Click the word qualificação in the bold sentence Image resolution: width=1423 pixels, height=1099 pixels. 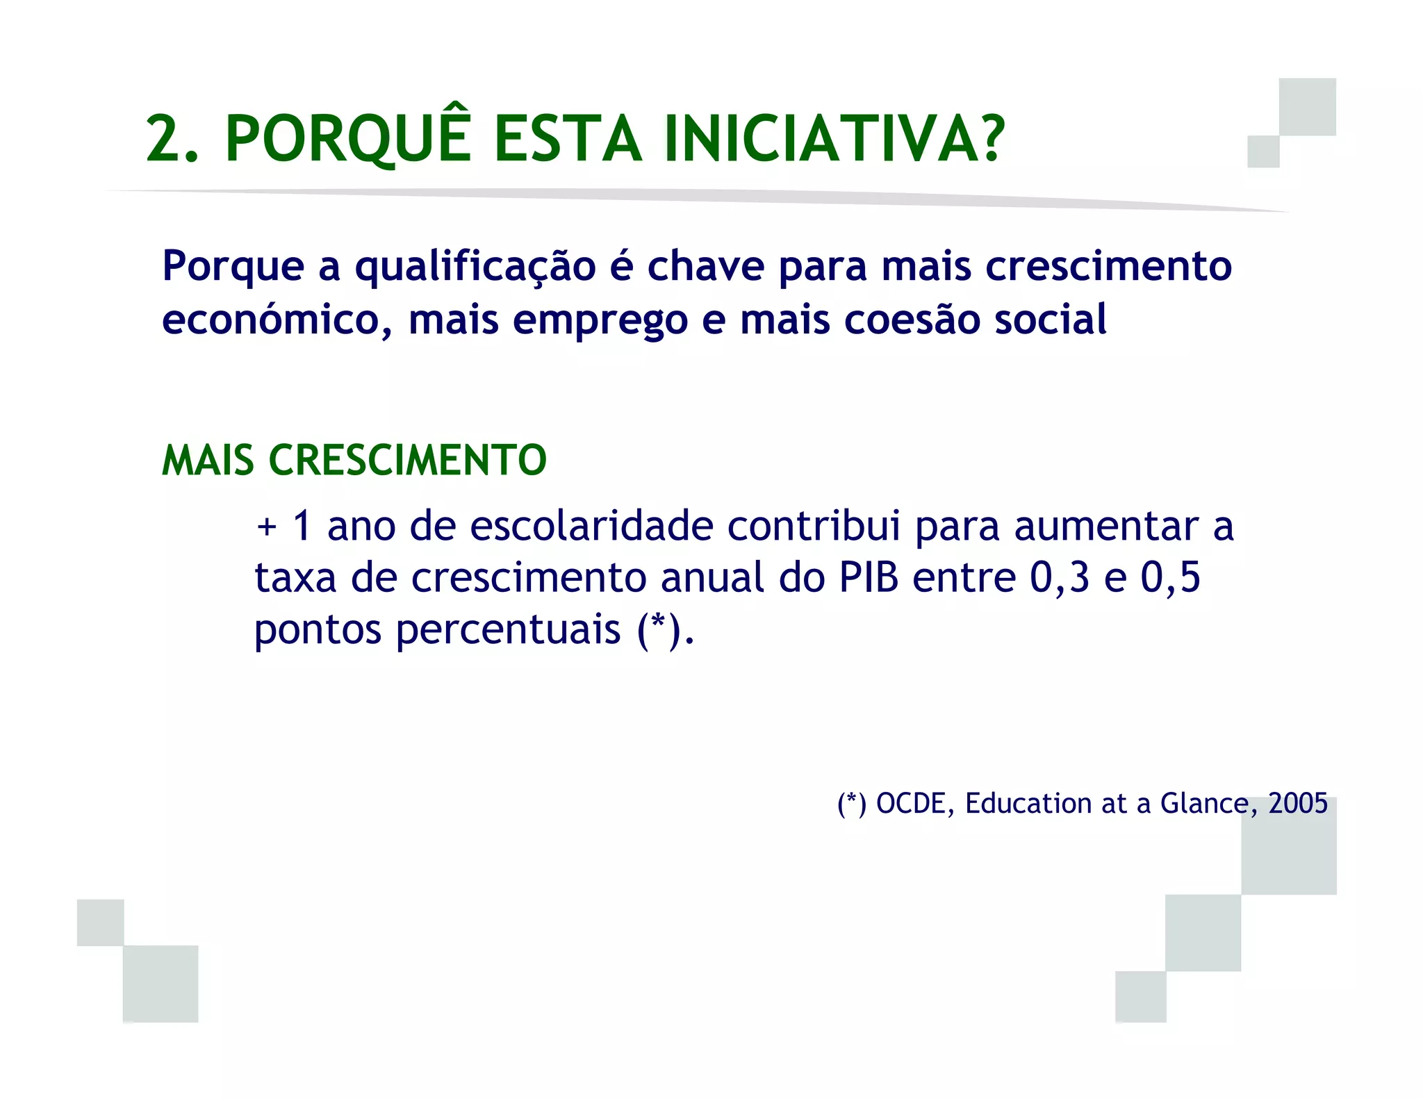click(x=475, y=267)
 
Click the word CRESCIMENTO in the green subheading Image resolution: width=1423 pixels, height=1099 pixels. click(x=408, y=461)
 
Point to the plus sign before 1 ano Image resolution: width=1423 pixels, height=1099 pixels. click(x=267, y=527)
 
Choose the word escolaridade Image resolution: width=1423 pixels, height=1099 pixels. click(x=591, y=526)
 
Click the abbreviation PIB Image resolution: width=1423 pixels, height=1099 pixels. click(x=869, y=577)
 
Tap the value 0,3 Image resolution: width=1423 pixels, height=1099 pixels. click(x=1059, y=577)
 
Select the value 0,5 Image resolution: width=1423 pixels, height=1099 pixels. click(x=1170, y=577)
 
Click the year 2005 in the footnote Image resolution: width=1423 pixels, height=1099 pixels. click(x=1297, y=804)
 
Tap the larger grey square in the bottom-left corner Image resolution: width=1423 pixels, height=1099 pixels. click(x=161, y=984)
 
